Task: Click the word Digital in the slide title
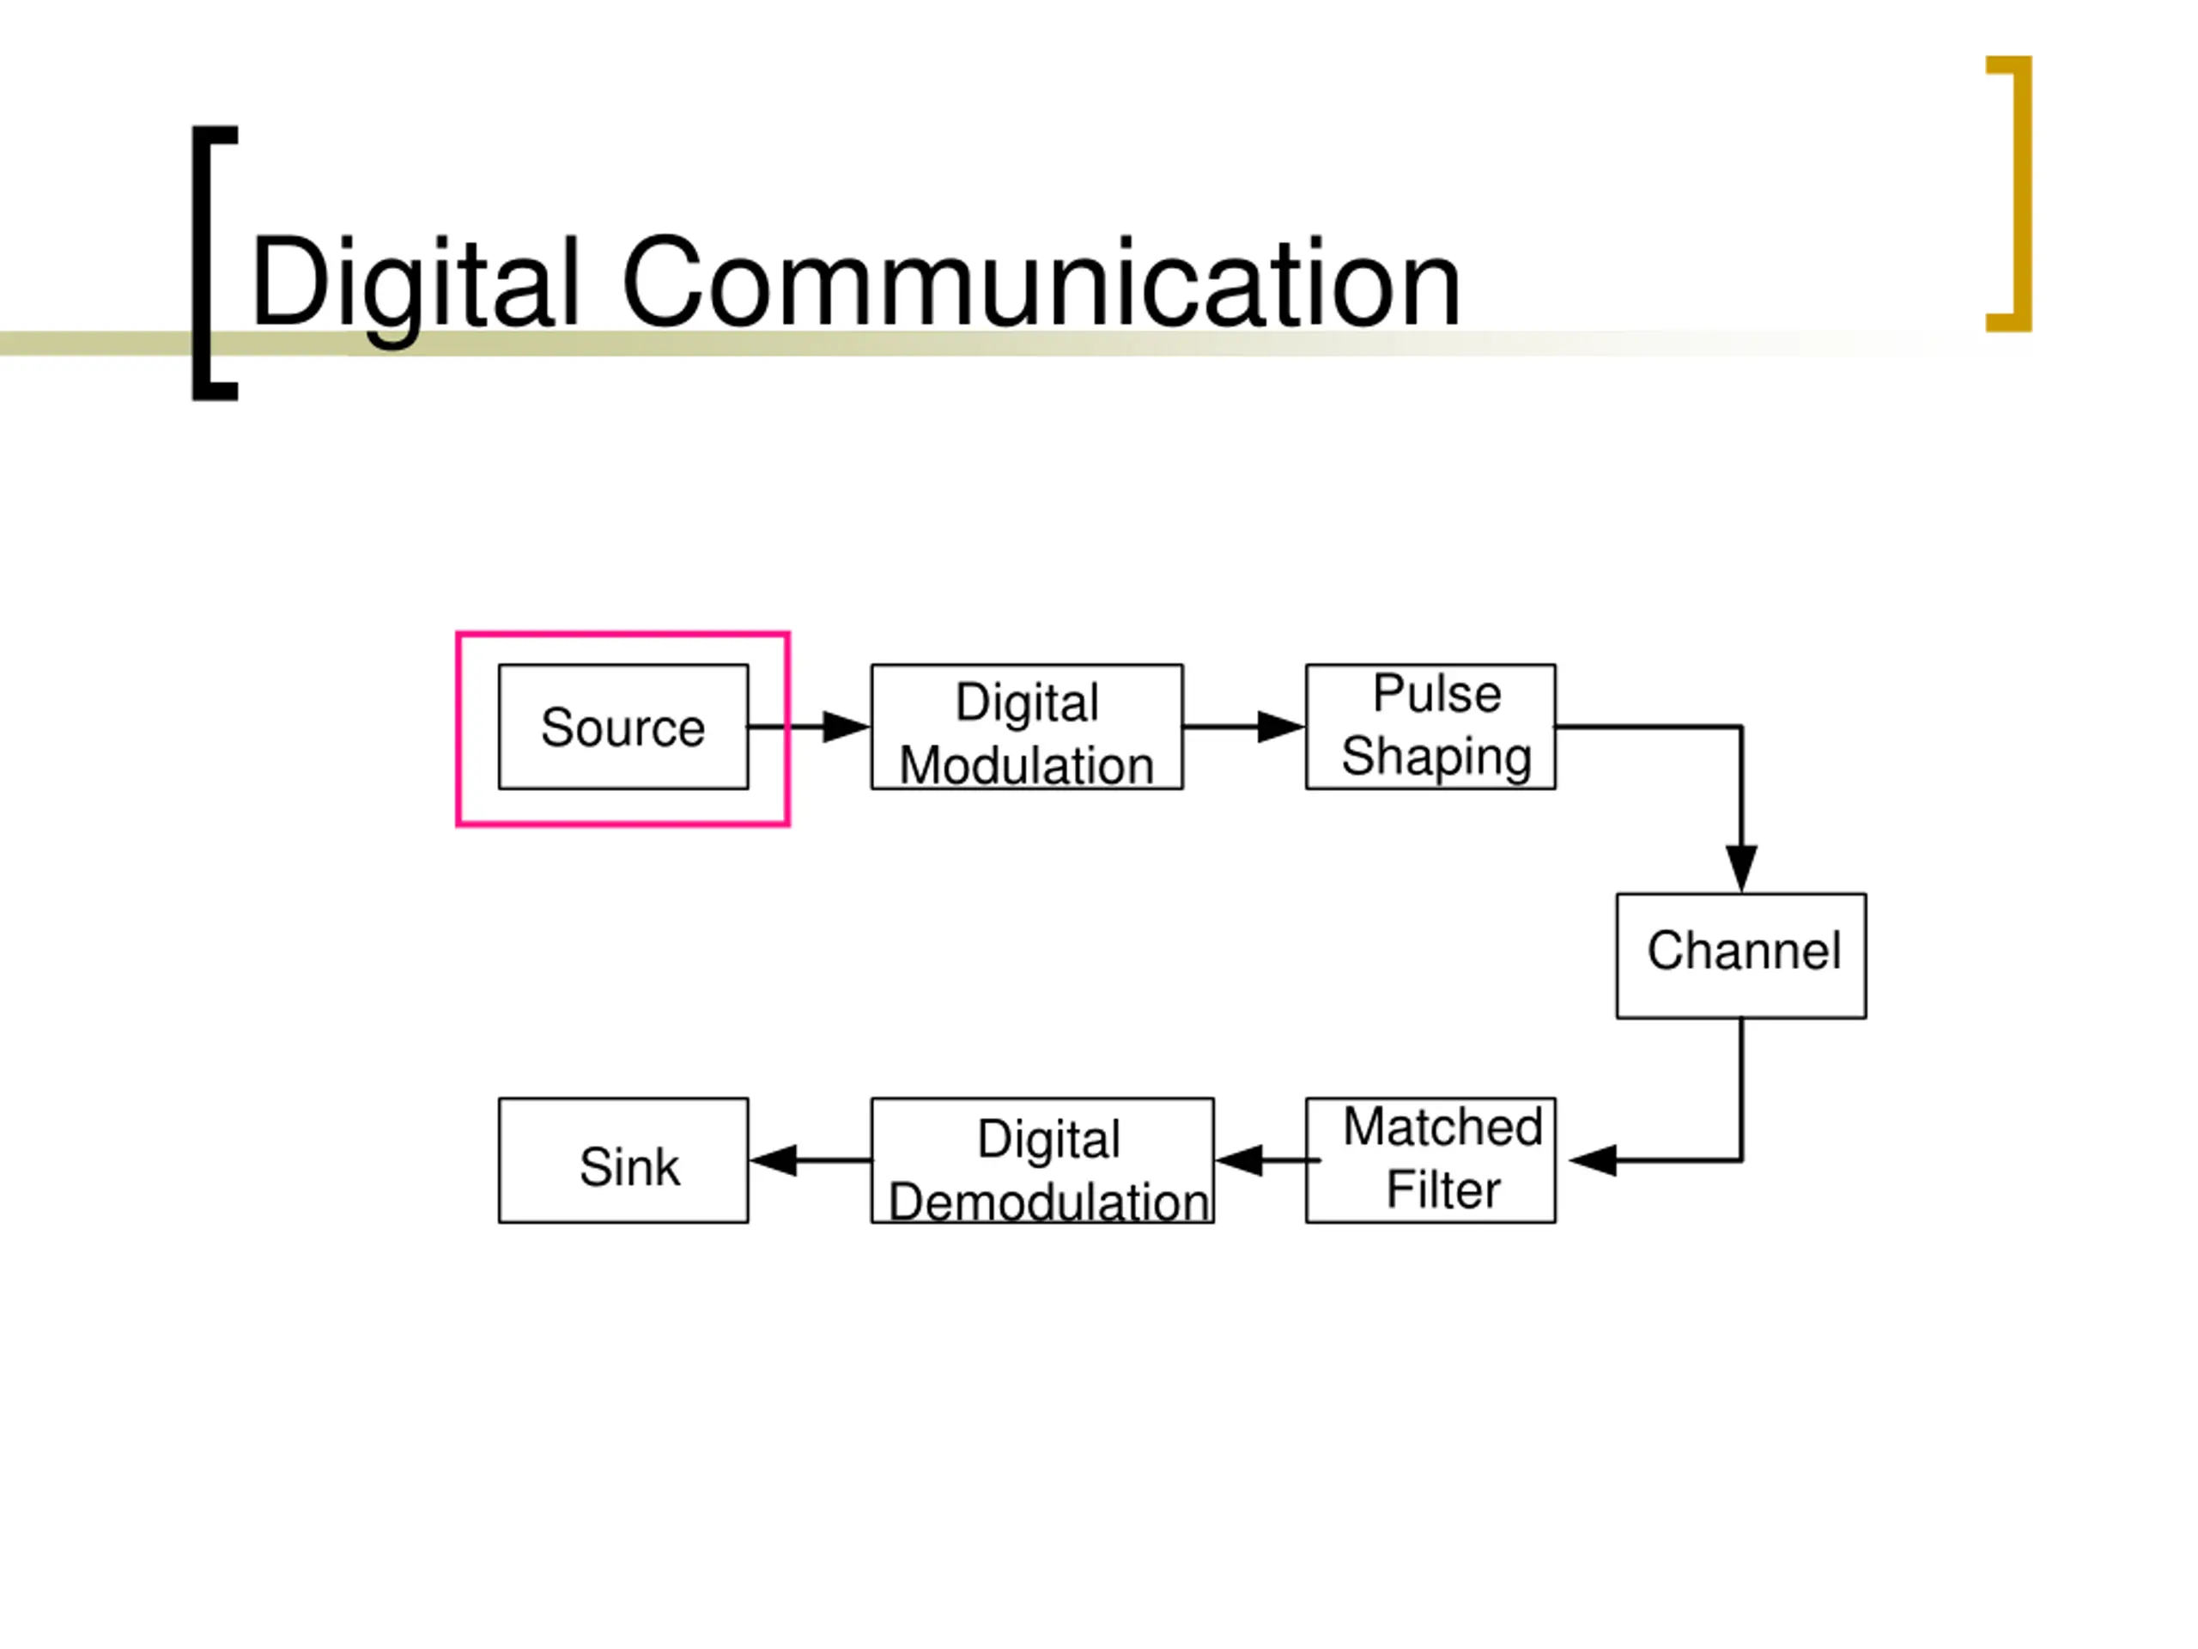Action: (415, 283)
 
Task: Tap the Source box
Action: (623, 727)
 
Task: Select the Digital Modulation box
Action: (1027, 727)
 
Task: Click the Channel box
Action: (1741, 955)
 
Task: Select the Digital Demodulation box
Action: (1042, 1160)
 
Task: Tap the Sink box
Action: (623, 1160)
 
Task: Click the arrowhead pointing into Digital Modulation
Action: (846, 727)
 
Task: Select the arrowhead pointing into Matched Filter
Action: (1594, 1160)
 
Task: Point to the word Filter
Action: (1442, 1190)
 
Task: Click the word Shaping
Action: (1436, 757)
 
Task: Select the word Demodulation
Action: (1048, 1202)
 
